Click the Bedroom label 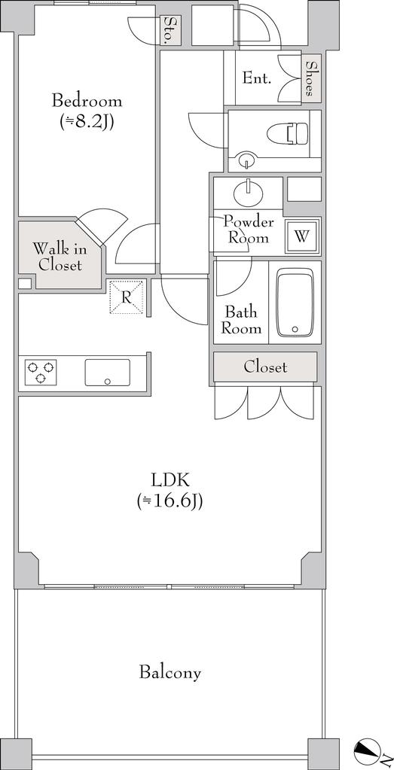pyautogui.click(x=87, y=102)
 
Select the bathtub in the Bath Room pyautogui.click(x=295, y=303)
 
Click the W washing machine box pyautogui.click(x=302, y=236)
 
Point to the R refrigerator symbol pyautogui.click(x=127, y=297)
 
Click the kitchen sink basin pyautogui.click(x=108, y=373)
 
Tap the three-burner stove pyautogui.click(x=40, y=373)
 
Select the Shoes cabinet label pyautogui.click(x=310, y=78)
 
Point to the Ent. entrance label pyautogui.click(x=257, y=78)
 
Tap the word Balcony pyautogui.click(x=170, y=672)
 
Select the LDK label pyautogui.click(x=170, y=478)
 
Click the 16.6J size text pyautogui.click(x=170, y=501)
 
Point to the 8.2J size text pyautogui.click(x=87, y=122)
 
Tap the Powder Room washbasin pyautogui.click(x=249, y=193)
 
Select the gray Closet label pyautogui.click(x=265, y=367)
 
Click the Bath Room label pyautogui.click(x=241, y=320)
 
